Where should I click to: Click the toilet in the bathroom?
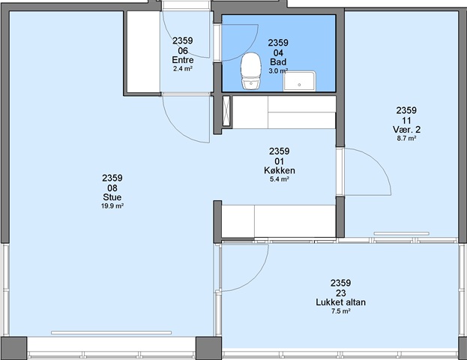click(251, 71)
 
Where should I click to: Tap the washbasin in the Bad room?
click(299, 81)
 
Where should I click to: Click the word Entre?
click(183, 60)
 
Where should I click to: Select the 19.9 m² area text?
click(112, 206)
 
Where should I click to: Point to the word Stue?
click(112, 197)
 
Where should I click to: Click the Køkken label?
click(280, 170)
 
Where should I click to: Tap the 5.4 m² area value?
click(280, 179)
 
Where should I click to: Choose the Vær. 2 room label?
click(406, 130)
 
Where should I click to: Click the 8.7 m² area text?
click(406, 138)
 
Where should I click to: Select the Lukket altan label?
click(341, 302)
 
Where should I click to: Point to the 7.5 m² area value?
click(341, 311)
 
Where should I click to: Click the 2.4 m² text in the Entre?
click(183, 69)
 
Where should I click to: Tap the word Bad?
click(278, 62)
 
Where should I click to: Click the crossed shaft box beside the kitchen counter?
click(226, 111)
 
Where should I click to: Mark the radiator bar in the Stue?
click(111, 332)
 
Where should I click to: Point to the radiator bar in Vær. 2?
click(402, 234)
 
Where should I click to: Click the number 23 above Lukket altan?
click(341, 293)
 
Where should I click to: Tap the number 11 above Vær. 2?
click(406, 121)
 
